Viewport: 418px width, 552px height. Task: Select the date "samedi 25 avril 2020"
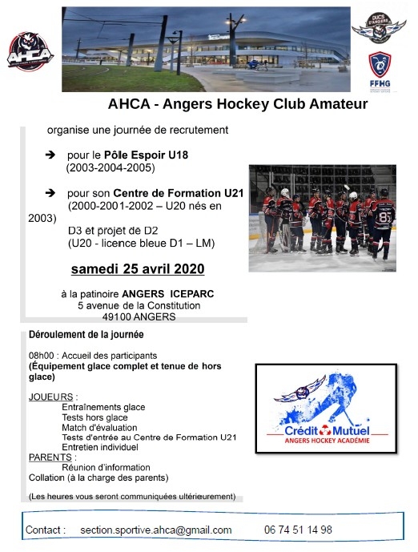[x=138, y=267]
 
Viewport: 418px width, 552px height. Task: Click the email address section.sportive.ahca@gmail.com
[x=156, y=530]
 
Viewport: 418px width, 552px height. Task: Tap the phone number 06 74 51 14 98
[x=298, y=530]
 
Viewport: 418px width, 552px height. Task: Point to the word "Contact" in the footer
[x=45, y=530]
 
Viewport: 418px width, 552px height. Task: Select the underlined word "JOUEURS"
[x=51, y=397]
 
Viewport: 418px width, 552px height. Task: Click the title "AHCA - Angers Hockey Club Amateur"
[x=238, y=104]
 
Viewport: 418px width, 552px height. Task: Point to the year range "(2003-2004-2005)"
[x=110, y=168]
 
